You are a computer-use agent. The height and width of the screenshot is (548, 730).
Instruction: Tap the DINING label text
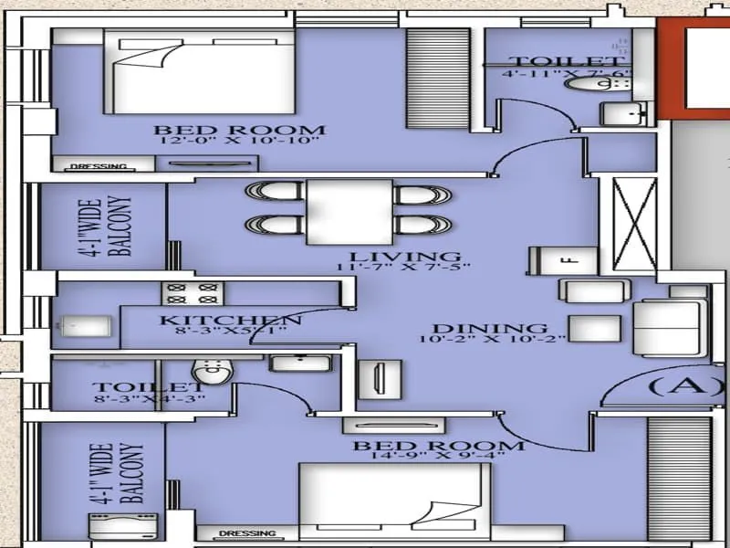tap(489, 328)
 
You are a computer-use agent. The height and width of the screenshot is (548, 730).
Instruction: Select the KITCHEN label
tap(230, 320)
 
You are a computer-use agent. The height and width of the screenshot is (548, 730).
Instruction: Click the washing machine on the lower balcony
tap(107, 529)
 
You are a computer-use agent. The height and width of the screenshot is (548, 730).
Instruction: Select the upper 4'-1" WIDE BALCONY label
tap(110, 227)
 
